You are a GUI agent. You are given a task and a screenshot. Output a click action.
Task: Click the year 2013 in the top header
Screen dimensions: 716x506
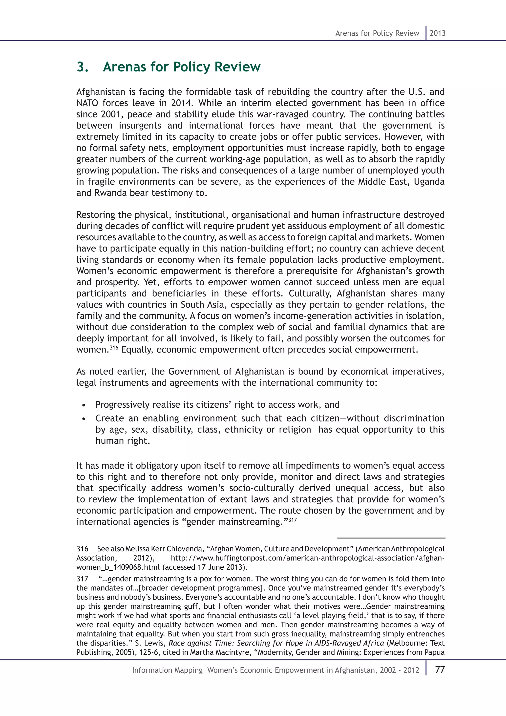click(438, 33)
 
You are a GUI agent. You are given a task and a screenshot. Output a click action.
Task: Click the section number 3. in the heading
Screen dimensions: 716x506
click(83, 67)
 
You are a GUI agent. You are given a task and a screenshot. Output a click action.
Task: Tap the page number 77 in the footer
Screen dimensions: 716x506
click(440, 670)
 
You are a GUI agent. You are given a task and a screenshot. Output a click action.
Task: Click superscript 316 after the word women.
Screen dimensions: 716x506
click(114, 347)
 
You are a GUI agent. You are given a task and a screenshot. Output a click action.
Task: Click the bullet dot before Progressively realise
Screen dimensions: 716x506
click(84, 405)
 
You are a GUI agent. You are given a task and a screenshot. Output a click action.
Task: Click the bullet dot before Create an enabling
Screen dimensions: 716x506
click(84, 419)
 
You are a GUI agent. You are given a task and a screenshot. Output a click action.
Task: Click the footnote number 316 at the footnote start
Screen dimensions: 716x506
click(82, 549)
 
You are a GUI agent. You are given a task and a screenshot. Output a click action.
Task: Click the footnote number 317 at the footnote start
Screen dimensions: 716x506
click(82, 579)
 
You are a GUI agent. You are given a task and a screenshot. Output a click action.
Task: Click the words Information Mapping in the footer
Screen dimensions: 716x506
click(167, 670)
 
